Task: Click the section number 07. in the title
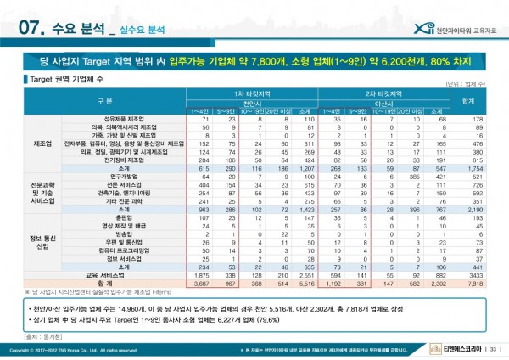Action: pos(31,27)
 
